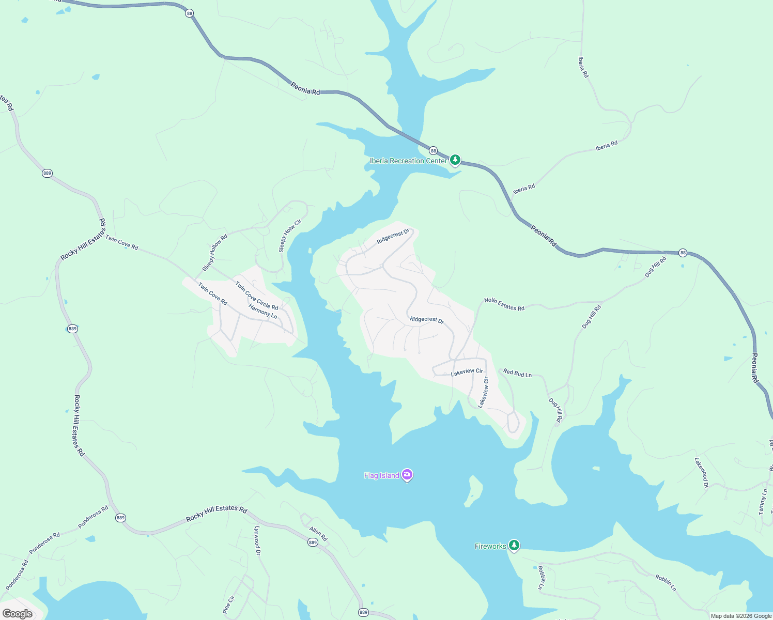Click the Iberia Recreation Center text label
408,161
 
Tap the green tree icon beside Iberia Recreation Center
455,160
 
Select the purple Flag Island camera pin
407,475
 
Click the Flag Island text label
381,475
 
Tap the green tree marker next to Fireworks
514,545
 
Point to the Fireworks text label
490,546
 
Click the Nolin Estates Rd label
504,304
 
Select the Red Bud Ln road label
517,373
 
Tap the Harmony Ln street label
262,311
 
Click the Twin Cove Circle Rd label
256,296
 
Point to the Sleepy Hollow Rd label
215,253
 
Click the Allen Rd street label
318,534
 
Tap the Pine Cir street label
228,605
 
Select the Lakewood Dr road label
701,472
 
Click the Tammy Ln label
763,502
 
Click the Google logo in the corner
18,614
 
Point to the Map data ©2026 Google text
740,616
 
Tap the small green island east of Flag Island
474,490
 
